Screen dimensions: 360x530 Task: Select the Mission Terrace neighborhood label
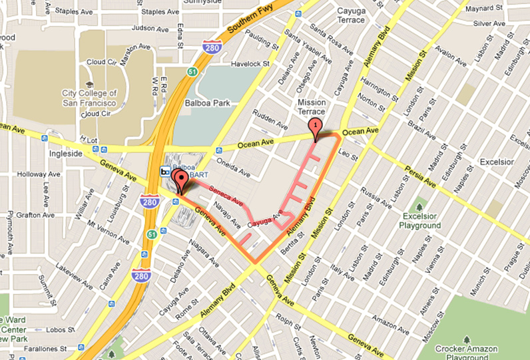point(312,107)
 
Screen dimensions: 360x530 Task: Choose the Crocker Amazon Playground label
point(465,352)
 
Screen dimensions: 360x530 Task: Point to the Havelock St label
point(250,65)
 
